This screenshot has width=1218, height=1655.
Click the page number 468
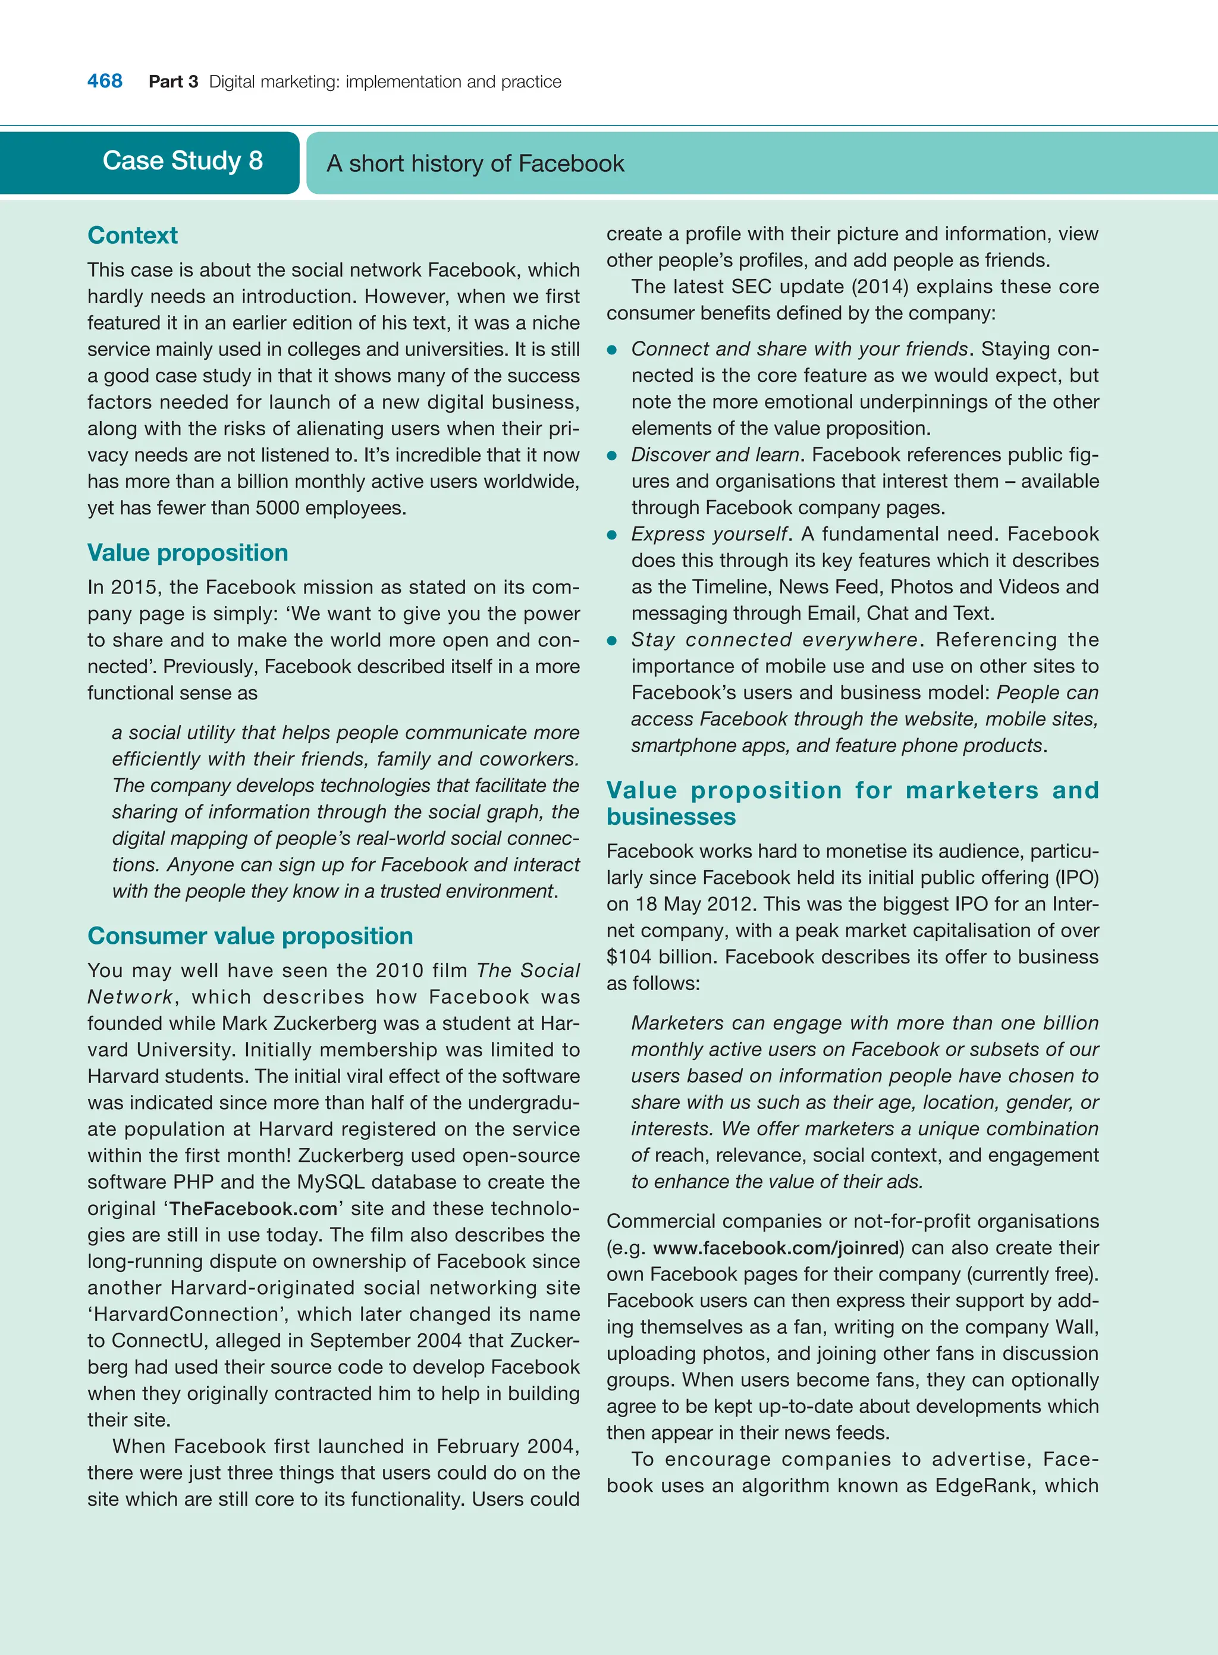(x=105, y=81)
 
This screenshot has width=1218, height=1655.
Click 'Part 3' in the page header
(x=173, y=82)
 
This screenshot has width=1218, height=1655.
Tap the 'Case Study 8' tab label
(x=182, y=161)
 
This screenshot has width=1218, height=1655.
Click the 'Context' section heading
(x=133, y=235)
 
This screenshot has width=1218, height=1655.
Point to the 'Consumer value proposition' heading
(x=250, y=935)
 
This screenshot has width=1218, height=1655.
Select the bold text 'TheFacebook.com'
(x=253, y=1208)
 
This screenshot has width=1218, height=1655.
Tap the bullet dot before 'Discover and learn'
(x=612, y=456)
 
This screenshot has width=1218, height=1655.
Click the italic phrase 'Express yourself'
(x=710, y=534)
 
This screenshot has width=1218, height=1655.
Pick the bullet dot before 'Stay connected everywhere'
(x=612, y=640)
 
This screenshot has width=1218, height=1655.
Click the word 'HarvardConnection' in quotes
(x=186, y=1314)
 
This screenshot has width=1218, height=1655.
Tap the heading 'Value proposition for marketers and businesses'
(x=852, y=803)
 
